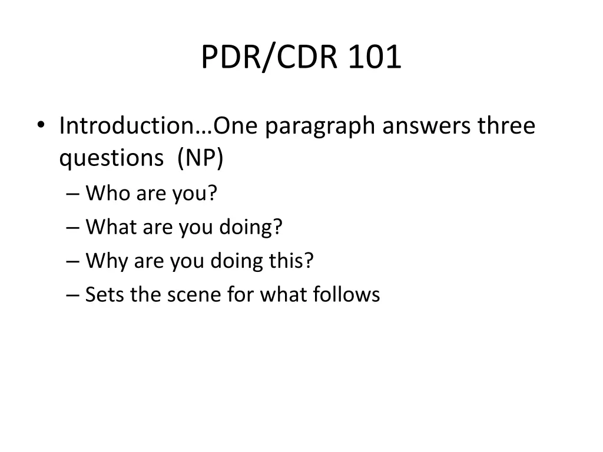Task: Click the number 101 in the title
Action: [375, 58]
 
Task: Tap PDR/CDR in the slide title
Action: [269, 58]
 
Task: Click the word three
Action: [506, 126]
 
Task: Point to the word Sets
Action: [105, 294]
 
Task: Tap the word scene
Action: [190, 294]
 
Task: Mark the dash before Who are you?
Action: [72, 194]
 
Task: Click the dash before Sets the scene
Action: [72, 294]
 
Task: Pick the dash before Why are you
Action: [72, 261]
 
